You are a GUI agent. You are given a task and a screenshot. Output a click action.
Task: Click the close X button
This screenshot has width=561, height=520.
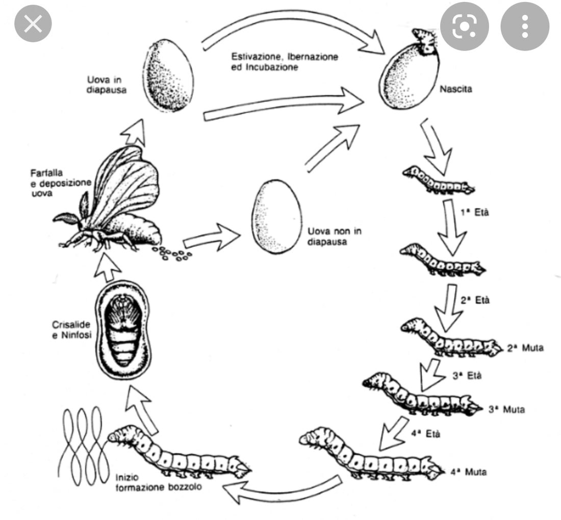[x=33, y=24]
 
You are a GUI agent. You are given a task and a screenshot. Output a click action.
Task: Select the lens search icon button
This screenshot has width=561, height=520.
[x=464, y=25]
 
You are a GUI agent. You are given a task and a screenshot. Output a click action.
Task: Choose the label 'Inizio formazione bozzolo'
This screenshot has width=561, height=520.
[x=157, y=481]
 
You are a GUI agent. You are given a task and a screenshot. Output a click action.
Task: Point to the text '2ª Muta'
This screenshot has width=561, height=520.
[x=526, y=349]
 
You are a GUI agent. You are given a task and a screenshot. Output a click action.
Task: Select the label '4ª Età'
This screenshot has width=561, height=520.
[x=425, y=434]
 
